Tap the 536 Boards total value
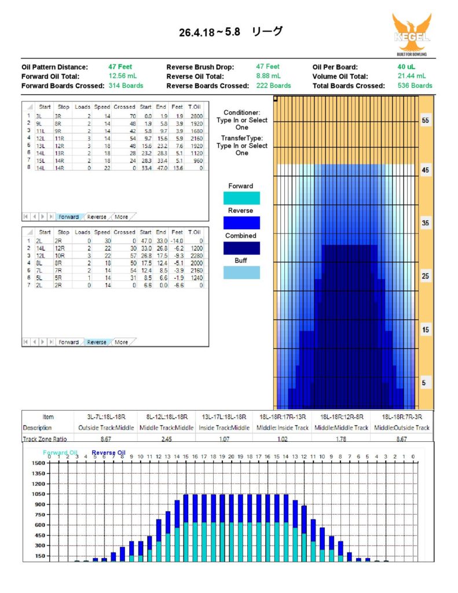click(x=414, y=85)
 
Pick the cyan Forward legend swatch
click(x=241, y=198)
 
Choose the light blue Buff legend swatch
click(x=241, y=273)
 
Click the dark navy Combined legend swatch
click(x=241, y=248)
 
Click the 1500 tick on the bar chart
click(x=38, y=463)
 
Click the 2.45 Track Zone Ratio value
click(x=167, y=439)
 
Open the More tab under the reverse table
click(x=121, y=342)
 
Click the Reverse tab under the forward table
click(x=96, y=217)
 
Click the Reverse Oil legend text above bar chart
click(x=108, y=453)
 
